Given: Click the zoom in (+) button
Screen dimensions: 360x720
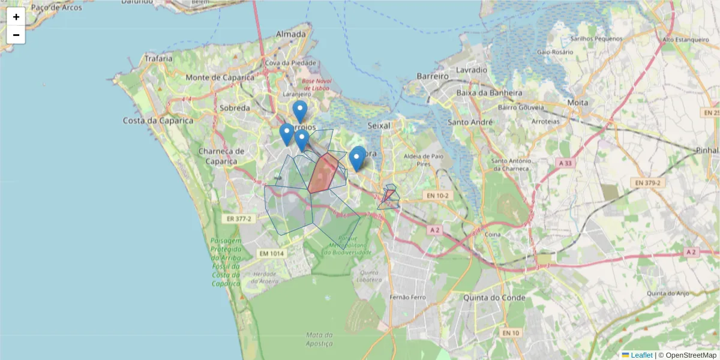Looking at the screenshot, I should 16,17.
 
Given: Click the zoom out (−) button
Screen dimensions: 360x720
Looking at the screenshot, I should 16,35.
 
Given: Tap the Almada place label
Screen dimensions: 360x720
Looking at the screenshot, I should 290,35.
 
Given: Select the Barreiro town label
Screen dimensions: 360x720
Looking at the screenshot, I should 433,77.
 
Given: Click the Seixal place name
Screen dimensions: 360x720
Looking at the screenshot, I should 378,125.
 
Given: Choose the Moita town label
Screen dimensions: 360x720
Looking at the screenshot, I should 577,103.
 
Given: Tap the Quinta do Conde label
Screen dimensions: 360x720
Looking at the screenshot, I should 494,298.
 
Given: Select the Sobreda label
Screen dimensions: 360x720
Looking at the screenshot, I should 235,108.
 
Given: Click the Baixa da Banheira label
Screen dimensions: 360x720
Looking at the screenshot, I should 490,93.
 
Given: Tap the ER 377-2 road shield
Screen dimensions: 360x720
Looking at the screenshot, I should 239,219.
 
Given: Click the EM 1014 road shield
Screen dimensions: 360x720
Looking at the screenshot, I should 271,254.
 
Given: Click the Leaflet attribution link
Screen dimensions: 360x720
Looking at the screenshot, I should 641,355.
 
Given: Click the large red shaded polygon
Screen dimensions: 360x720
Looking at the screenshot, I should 323,173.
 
